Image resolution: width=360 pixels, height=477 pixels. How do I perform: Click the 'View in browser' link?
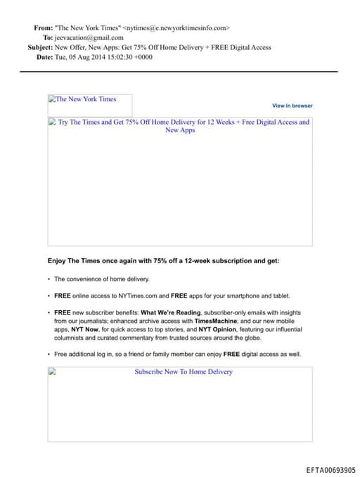(x=292, y=106)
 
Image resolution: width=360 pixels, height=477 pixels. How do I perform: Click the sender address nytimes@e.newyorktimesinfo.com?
(x=176, y=27)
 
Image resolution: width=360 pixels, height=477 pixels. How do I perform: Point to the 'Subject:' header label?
(x=39, y=47)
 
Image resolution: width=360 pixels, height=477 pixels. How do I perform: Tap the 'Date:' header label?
(x=44, y=57)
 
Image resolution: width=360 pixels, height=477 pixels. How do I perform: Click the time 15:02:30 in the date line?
(x=117, y=57)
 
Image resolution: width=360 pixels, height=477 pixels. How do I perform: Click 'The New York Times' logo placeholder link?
(x=86, y=99)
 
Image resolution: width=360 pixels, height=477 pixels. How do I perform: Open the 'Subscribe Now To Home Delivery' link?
(x=184, y=371)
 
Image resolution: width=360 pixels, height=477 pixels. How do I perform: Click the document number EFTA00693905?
(x=330, y=470)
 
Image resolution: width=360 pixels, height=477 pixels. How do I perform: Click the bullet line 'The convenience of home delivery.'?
(x=102, y=279)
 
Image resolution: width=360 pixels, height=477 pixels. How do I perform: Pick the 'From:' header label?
(x=43, y=27)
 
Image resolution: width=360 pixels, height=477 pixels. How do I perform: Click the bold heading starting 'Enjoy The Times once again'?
(x=163, y=260)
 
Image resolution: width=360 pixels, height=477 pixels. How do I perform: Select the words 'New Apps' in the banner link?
(x=180, y=130)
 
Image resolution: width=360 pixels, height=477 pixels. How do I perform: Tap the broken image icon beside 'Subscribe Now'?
(x=52, y=371)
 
